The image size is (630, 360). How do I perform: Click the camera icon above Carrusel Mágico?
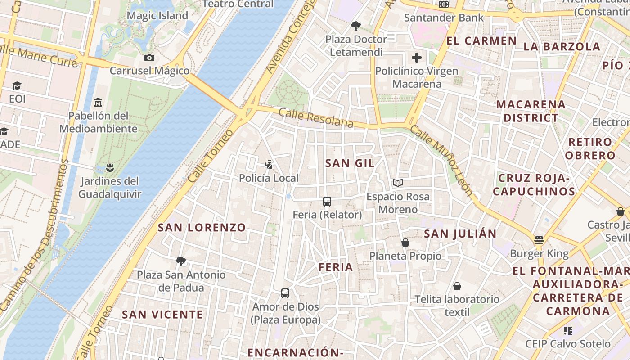coord(149,58)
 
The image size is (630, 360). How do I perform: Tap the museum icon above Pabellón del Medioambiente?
coord(98,103)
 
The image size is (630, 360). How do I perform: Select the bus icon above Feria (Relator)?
coord(327,202)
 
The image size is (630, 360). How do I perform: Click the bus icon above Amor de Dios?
coord(285,293)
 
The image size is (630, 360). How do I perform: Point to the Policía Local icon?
coord(269,165)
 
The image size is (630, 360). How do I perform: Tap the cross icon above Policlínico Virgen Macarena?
coord(417,58)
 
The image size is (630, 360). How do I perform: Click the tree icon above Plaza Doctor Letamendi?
coord(356,26)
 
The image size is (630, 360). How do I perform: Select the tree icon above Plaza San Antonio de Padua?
coord(181,261)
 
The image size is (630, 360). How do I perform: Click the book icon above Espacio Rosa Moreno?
coord(397,183)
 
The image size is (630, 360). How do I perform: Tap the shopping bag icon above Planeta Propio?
coord(405,243)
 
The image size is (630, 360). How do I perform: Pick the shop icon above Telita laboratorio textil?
coord(457,286)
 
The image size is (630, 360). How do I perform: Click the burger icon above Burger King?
coord(539,240)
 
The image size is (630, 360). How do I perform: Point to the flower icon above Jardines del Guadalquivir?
coord(110,168)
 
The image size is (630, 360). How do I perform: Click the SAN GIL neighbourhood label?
coord(350,163)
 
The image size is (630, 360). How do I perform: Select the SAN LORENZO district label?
coord(202,228)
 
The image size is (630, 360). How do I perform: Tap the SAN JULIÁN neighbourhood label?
coord(460,234)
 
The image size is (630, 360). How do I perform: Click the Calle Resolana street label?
coord(315,118)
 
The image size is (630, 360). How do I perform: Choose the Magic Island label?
coord(157,16)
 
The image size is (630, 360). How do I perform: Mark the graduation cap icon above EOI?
coord(17,85)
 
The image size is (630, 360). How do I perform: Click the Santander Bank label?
coord(444,18)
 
